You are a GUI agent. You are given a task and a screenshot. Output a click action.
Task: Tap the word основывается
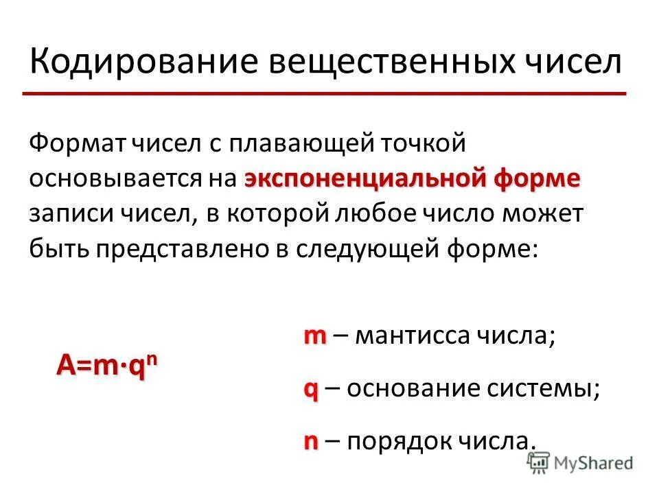pyautogui.click(x=113, y=179)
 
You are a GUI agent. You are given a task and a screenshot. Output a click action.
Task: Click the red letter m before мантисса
pyautogui.click(x=315, y=336)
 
